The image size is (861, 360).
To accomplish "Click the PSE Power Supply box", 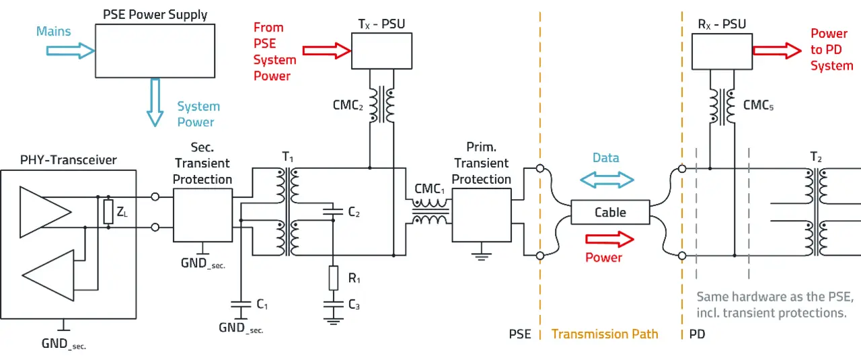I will [155, 51].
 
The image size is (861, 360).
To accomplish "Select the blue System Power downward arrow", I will [155, 102].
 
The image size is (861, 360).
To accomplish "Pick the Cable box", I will [610, 212].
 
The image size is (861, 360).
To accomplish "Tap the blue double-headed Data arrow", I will [607, 179].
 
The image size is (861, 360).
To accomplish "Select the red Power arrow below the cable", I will [609, 239].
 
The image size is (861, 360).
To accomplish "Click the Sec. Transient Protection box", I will [202, 215].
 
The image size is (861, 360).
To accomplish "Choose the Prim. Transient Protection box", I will [481, 215].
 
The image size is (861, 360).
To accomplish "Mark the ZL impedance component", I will [108, 212].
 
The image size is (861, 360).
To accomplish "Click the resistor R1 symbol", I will [333, 278].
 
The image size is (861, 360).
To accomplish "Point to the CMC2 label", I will [348, 106].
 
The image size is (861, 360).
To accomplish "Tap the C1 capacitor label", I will [262, 305].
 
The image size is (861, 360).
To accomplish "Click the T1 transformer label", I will [288, 157].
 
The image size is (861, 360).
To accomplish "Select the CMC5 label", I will [758, 106].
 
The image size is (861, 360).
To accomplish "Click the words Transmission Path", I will [605, 334].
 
